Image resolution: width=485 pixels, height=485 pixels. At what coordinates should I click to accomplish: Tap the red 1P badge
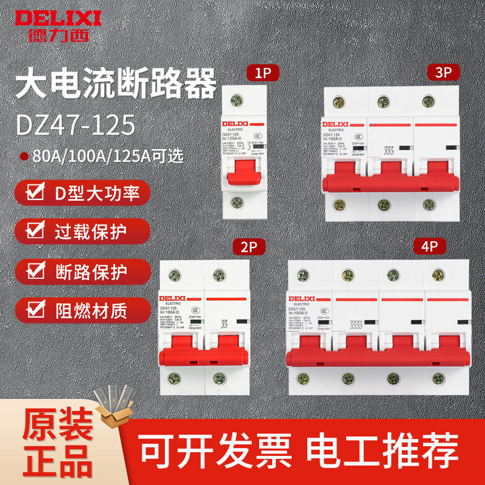pyautogui.click(x=263, y=73)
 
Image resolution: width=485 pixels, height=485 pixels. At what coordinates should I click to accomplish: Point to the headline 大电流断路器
pyautogui.click(x=115, y=85)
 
